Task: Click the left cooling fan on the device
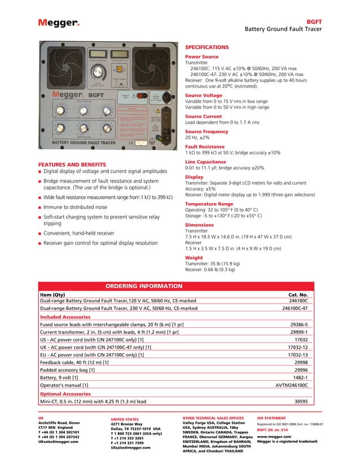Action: (62, 66)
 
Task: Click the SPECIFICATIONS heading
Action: (207, 47)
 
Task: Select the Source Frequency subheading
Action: (207, 131)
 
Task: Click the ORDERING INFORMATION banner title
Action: (144, 286)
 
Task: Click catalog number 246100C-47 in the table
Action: (295, 309)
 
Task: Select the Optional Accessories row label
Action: (65, 393)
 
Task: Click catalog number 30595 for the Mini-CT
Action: (301, 402)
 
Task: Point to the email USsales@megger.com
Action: (131, 447)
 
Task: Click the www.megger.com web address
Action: (274, 437)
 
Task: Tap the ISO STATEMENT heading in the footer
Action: (275, 418)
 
